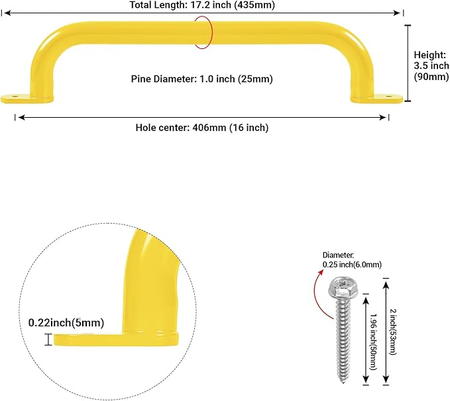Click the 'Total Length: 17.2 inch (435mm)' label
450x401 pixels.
(202, 5)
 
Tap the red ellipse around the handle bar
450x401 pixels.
(212, 32)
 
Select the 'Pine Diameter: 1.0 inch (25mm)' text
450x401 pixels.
(201, 79)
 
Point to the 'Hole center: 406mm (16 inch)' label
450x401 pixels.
(201, 128)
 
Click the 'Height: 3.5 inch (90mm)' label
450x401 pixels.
(431, 66)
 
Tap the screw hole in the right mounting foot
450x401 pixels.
(389, 97)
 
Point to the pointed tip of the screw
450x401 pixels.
(343, 382)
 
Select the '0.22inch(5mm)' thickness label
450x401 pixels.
(66, 323)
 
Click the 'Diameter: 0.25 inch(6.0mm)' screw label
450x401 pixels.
(352, 259)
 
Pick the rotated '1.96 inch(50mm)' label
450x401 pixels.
(373, 341)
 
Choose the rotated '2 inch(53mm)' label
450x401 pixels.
(393, 332)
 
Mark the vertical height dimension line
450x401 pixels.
(408, 63)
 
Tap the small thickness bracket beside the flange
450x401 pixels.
(48, 339)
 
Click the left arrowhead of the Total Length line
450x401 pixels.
(7, 13)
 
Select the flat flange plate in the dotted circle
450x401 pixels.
(116, 339)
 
